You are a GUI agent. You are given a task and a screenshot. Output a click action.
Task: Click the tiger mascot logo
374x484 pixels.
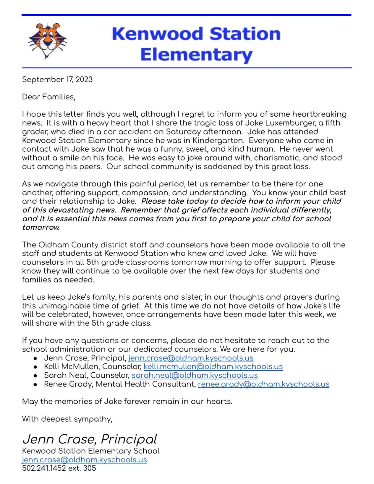click(47, 41)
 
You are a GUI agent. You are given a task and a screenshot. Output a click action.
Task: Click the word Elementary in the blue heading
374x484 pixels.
click(196, 55)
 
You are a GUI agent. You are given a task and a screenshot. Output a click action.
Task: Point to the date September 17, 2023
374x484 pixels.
click(57, 79)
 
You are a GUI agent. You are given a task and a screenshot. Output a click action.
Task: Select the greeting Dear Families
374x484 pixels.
click(48, 97)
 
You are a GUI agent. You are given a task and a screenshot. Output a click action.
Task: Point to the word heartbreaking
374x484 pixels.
click(319, 114)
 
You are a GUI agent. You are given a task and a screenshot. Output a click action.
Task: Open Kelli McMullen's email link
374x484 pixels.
click(213, 367)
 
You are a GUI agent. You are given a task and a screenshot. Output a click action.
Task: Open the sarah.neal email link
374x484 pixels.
click(195, 376)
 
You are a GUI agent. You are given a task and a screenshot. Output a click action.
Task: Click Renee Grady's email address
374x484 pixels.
click(263, 384)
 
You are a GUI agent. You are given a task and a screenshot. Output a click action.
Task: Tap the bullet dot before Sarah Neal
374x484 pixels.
click(35, 376)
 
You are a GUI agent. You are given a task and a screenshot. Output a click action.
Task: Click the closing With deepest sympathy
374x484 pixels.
click(67, 419)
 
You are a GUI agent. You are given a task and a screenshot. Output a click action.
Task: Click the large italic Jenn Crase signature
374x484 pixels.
click(90, 439)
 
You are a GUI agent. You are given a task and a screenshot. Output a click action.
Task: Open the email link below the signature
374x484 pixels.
click(85, 460)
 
